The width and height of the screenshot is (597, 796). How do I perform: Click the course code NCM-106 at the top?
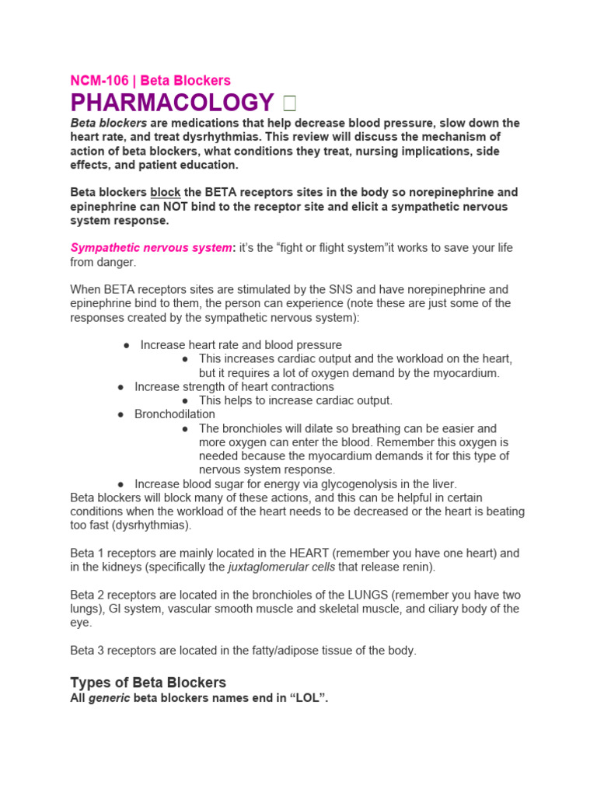pos(99,80)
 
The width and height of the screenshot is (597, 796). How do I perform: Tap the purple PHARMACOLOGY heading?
pos(172,103)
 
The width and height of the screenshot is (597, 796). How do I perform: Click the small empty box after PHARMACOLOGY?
pos(289,103)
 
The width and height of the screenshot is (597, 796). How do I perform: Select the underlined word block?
pos(165,192)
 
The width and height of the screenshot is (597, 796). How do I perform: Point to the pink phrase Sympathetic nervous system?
pos(151,248)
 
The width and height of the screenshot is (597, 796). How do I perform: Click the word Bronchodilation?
pos(175,414)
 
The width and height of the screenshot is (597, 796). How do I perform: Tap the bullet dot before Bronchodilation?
pos(120,415)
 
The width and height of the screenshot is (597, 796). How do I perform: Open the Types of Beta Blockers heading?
pos(148,683)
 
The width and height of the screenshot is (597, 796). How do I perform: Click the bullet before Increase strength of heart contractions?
pos(120,387)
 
